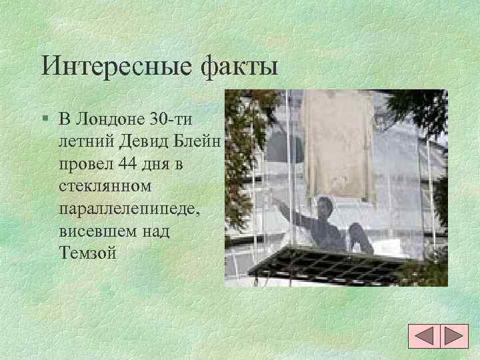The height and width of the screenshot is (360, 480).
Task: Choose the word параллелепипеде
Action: tap(126, 209)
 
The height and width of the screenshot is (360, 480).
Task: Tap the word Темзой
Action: tap(87, 253)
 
